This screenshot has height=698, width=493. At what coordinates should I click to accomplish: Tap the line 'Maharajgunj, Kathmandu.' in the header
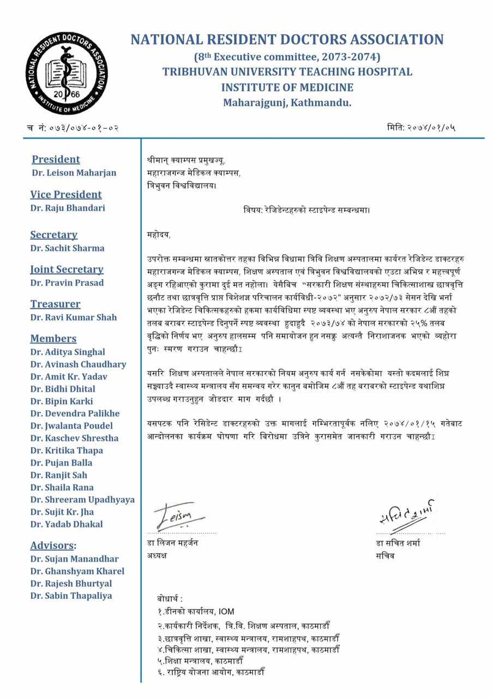point(287,102)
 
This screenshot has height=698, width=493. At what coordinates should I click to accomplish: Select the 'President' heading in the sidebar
point(56,160)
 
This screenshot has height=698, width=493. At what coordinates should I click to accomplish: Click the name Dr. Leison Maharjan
point(73,173)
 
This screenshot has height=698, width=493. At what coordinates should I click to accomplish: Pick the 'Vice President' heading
point(66,195)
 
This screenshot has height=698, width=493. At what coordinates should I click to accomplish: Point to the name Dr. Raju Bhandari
point(68,208)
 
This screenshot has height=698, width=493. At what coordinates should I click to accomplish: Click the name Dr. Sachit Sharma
point(67,248)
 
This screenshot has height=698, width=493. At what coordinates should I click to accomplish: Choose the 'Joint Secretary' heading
point(67,269)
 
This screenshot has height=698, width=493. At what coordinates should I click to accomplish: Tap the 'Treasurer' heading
point(55,304)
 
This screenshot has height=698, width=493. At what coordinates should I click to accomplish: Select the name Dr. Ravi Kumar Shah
point(73,317)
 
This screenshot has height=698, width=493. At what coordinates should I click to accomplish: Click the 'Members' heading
point(53,339)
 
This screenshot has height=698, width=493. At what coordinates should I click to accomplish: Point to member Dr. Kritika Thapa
point(67,450)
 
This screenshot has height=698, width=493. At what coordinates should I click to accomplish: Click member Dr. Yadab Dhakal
point(67,524)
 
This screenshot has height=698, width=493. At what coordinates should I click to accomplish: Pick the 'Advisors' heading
point(52,546)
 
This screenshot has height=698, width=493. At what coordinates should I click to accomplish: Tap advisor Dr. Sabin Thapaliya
point(71,595)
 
